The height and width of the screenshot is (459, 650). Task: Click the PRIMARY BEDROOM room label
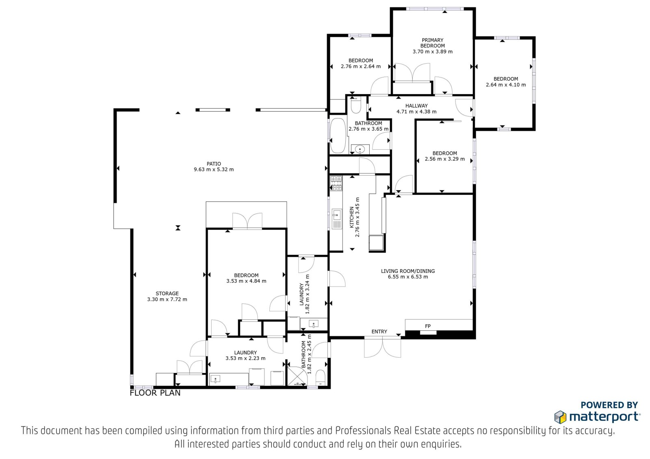tap(432, 43)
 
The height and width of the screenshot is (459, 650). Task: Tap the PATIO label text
tap(214, 164)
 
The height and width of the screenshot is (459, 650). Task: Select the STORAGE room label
tap(167, 293)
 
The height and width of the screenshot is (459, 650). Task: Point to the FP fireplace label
tap(428, 326)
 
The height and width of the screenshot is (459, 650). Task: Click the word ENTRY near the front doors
tap(379, 332)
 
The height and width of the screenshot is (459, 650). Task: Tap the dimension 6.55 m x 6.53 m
tap(408, 277)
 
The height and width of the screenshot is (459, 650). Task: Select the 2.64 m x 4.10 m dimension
tap(506, 85)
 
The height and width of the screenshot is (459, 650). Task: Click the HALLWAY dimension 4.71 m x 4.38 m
tap(416, 111)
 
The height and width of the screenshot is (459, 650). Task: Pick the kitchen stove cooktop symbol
tap(336, 183)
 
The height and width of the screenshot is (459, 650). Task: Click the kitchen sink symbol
tap(337, 219)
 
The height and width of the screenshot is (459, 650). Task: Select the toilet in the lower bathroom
tap(321, 377)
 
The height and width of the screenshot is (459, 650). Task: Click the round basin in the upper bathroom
tap(360, 150)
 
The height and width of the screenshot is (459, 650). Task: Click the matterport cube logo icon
tap(560, 417)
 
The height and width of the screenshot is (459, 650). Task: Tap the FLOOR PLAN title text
tap(155, 393)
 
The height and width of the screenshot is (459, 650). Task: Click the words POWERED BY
tap(609, 405)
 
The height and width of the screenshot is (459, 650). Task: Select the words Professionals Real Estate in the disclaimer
tap(388, 431)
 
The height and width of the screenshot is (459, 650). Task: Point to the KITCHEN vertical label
tap(352, 217)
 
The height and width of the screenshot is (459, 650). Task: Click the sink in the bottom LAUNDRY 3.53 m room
tap(215, 379)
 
